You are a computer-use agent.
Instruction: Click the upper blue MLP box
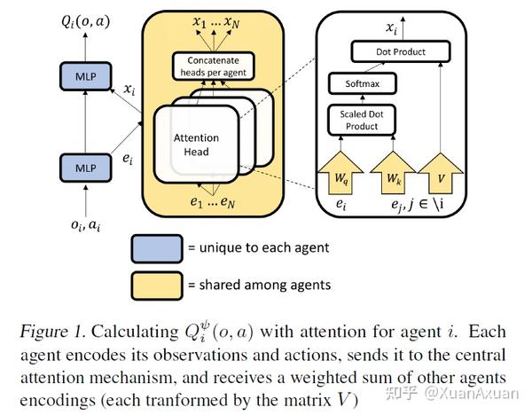(x=85, y=76)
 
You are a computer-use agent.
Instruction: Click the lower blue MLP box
(x=85, y=168)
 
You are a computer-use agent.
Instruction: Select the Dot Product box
(x=401, y=51)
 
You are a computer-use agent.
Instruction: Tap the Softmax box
(x=362, y=83)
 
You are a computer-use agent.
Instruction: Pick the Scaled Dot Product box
(x=362, y=120)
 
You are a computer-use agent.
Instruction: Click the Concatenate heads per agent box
(x=214, y=67)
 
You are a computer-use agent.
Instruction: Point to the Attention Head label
(x=196, y=145)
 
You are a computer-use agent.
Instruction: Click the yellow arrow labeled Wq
(x=340, y=174)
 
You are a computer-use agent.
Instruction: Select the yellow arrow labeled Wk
(x=393, y=174)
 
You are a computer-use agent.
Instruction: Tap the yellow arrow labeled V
(x=441, y=174)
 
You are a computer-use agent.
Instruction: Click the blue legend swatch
(x=157, y=248)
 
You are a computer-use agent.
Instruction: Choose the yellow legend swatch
(x=157, y=286)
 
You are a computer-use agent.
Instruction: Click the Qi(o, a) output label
(x=85, y=22)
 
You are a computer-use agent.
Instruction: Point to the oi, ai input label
(x=85, y=225)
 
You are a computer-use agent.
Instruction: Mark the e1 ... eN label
(x=213, y=202)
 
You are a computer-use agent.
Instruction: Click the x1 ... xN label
(x=216, y=22)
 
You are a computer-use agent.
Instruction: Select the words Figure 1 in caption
(x=52, y=332)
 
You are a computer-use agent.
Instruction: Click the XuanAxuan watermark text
(x=472, y=394)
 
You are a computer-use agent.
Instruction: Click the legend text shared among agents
(x=265, y=285)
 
